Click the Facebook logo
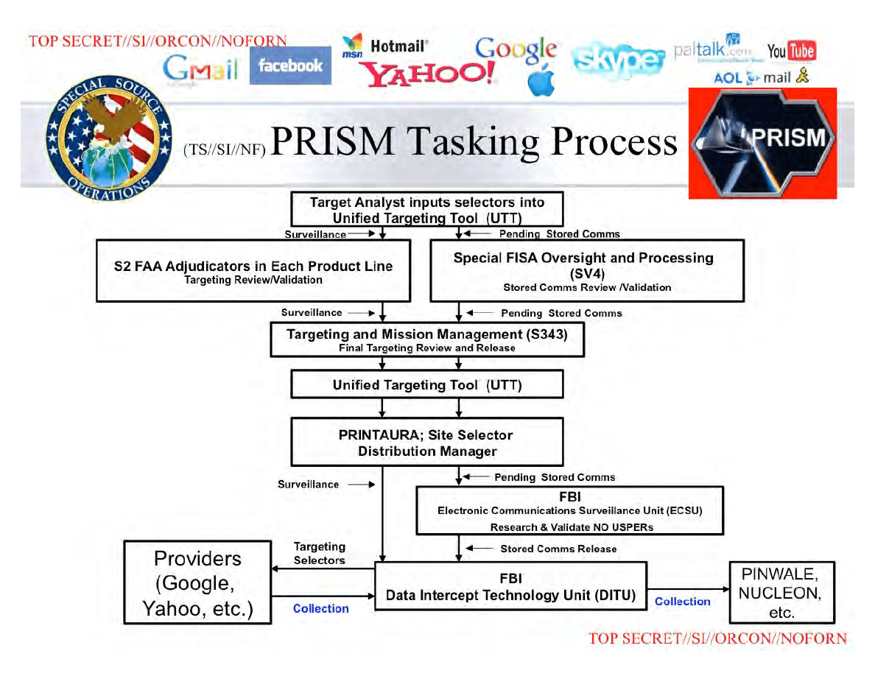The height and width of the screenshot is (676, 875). pos(290,66)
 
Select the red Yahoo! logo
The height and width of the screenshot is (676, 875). pos(427,74)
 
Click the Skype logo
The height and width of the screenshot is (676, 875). pos(618,59)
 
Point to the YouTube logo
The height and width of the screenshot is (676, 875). pos(791,52)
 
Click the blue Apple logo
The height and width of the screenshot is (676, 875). pos(541,80)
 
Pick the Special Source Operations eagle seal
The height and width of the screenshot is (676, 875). pos(109,138)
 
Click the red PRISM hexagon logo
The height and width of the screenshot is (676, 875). pos(762,143)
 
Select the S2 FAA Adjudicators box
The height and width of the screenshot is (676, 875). pos(253,271)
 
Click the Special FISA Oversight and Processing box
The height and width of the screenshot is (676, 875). pos(587,271)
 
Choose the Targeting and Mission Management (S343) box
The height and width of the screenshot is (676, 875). pos(427,339)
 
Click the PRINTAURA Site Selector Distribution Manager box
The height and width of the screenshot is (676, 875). pos(427,443)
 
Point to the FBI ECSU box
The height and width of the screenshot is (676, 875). pos(570,511)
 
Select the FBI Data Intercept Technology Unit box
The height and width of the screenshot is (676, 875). pos(510,586)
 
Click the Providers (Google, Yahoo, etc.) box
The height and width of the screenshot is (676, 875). pos(197,582)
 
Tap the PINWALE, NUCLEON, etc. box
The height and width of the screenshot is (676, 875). pos(781,592)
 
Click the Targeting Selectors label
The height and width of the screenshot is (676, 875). pos(319,553)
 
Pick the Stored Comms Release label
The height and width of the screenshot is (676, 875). pos(558,549)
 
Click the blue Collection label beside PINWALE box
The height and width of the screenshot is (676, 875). pos(683,602)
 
